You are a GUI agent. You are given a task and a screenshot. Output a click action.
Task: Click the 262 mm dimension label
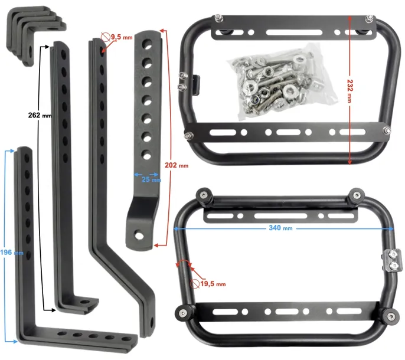coord(40,115)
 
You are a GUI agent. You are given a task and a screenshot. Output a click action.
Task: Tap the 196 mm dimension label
coord(12,253)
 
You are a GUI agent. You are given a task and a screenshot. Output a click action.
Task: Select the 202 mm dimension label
coord(177,165)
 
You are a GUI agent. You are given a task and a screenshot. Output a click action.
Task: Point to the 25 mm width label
coord(151,179)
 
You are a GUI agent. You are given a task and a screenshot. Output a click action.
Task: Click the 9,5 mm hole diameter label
coord(122,37)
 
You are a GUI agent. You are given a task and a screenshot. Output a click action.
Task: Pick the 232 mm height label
coord(350,91)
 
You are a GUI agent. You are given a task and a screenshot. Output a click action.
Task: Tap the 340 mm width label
coord(280,228)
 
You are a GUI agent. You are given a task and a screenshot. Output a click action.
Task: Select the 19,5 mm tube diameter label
coord(213,284)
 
